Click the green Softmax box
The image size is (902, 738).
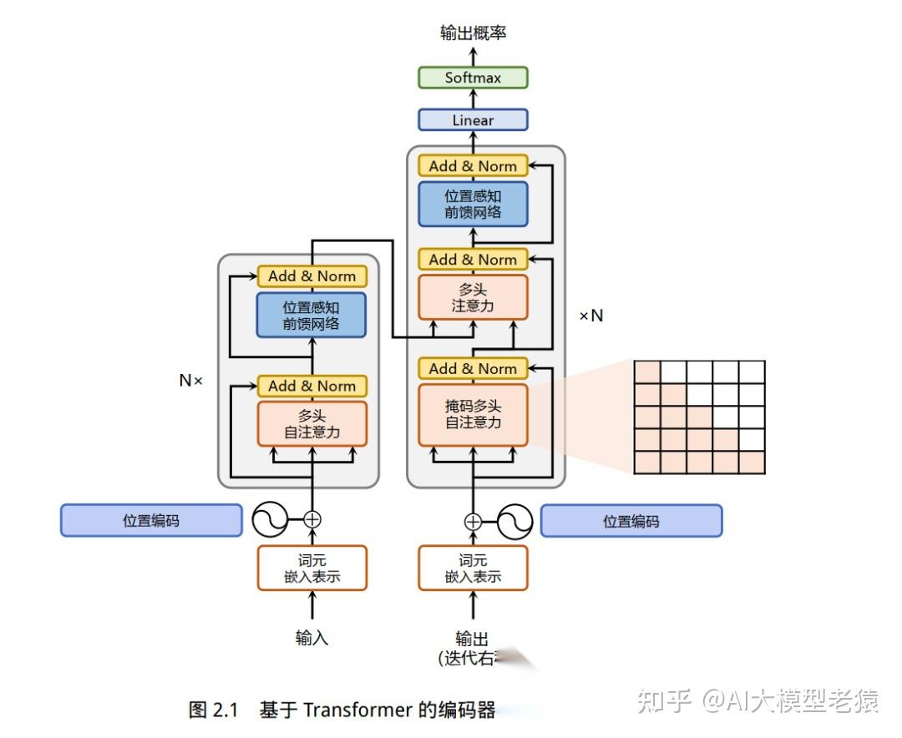tap(473, 78)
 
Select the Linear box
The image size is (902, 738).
tap(473, 120)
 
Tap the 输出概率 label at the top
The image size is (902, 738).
tap(473, 33)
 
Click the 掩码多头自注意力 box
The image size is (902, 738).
tap(473, 415)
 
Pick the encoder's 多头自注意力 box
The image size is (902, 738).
tap(312, 424)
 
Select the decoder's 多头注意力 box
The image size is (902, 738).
tap(473, 297)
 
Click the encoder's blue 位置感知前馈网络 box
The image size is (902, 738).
tap(312, 315)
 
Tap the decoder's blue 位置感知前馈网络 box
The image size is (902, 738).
tap(473, 204)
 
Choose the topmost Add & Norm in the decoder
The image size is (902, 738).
tap(473, 165)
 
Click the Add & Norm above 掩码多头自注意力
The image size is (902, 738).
tap(473, 368)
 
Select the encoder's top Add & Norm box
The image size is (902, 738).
tap(312, 275)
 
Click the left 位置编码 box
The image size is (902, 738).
tap(151, 520)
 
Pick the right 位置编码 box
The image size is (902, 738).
tap(631, 521)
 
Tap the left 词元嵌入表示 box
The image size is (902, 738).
tap(312, 568)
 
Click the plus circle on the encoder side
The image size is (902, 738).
tap(312, 519)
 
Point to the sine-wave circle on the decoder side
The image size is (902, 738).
tap(515, 522)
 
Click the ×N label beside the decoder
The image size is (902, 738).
tap(591, 316)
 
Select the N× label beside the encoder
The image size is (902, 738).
tap(191, 380)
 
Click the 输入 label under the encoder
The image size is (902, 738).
tap(312, 638)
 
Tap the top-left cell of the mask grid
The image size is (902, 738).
tap(647, 372)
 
